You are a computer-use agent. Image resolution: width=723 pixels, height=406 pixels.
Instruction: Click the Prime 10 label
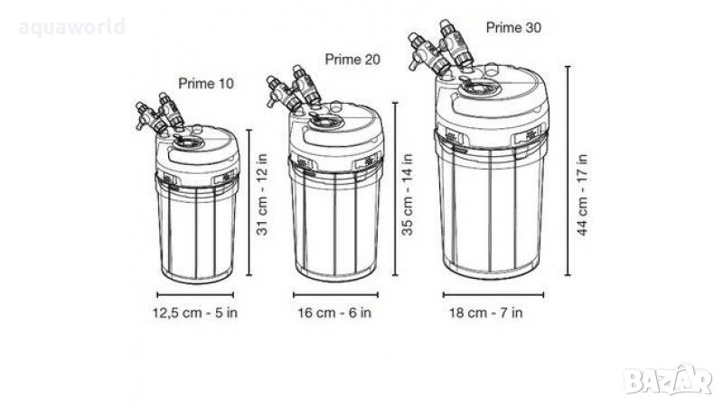206,84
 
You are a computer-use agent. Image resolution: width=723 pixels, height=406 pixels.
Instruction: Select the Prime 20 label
352,60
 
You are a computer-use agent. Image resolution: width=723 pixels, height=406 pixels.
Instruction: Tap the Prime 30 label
513,28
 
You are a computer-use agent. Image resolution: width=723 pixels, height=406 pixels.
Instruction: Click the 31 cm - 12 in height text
262,195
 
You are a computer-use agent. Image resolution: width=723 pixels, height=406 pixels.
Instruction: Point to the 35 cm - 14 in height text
408,195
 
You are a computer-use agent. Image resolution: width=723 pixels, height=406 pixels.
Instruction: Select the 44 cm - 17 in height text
582,195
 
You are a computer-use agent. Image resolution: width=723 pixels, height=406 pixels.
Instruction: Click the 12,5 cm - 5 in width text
195,313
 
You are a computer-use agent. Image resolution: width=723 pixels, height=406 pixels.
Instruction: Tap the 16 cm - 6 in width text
334,313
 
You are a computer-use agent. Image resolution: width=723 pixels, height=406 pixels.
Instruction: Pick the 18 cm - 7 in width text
486,313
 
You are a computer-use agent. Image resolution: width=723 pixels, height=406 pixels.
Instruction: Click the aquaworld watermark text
72,27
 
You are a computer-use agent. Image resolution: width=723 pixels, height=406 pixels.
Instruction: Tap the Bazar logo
668,379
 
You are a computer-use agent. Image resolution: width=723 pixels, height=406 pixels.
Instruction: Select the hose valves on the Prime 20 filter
294,89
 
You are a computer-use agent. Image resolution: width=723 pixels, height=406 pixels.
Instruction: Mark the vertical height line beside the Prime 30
568,171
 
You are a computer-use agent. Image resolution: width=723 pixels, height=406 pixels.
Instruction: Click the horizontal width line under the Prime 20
335,295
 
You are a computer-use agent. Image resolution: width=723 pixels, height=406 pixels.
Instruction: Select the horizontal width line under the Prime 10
195,295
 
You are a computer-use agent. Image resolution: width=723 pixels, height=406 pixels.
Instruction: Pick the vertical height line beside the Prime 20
395,189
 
